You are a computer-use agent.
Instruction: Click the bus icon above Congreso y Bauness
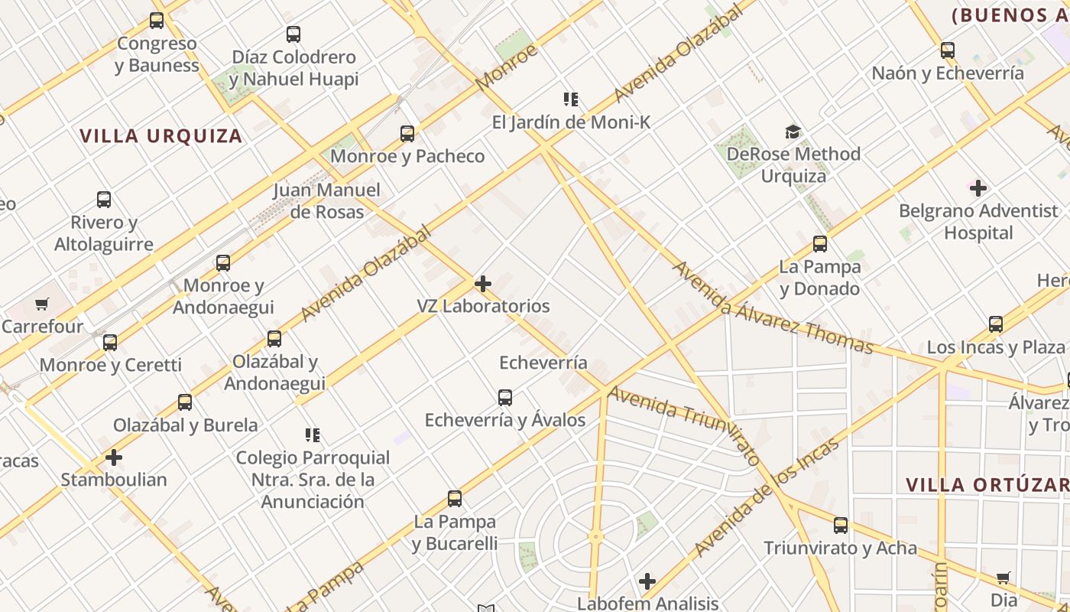click(157, 21)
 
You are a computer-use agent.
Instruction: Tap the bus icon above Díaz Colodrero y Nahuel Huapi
click(293, 34)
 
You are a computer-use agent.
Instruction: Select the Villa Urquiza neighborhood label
click(161, 136)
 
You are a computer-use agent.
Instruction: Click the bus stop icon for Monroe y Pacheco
click(407, 134)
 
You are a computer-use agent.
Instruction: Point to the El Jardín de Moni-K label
click(571, 122)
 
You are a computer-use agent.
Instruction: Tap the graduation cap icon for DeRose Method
click(793, 132)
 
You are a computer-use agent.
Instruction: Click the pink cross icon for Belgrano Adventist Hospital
click(978, 187)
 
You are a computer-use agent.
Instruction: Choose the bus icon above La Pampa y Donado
click(820, 244)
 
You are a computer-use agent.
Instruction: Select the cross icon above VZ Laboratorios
click(483, 284)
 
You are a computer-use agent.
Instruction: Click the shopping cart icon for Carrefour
click(42, 304)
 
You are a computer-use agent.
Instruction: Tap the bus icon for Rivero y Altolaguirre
click(104, 200)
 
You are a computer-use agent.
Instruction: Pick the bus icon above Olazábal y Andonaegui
click(274, 338)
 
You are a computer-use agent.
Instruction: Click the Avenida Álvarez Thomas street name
click(772, 308)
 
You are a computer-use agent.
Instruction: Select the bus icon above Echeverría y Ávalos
click(505, 398)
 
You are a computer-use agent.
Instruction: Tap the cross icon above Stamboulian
click(114, 457)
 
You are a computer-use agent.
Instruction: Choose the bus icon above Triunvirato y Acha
click(841, 526)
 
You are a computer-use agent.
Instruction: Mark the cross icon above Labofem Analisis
click(647, 581)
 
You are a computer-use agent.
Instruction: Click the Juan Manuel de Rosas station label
click(326, 200)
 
